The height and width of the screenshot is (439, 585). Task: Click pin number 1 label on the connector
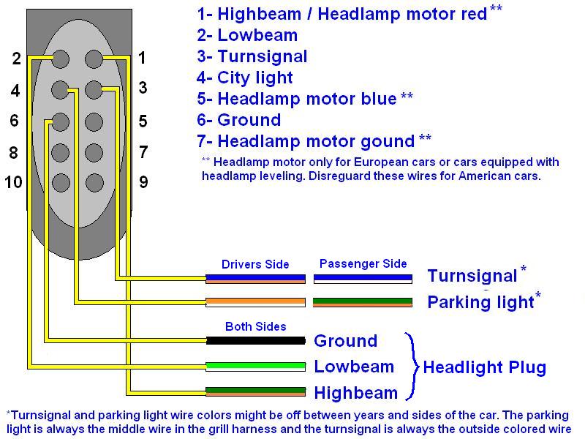tap(142, 58)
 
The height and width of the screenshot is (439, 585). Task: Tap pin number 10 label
tap(13, 182)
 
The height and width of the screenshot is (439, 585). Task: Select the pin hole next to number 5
tap(93, 121)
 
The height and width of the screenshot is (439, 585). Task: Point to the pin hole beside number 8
tap(61, 152)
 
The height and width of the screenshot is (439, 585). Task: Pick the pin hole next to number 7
tap(93, 152)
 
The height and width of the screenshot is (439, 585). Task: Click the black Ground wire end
tap(255, 340)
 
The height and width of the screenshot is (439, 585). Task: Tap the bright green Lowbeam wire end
tap(255, 366)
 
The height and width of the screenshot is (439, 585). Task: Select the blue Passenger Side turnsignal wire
tap(363, 278)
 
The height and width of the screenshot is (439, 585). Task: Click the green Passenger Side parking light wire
tap(363, 301)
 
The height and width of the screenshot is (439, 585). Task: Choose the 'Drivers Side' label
tap(255, 264)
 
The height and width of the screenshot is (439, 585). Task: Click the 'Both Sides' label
tap(255, 326)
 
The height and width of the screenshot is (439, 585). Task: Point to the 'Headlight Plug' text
tap(484, 367)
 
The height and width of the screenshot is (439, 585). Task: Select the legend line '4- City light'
tap(244, 78)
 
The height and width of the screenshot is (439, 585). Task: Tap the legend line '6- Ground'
tap(238, 120)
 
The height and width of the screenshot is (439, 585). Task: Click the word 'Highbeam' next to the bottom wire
tap(355, 392)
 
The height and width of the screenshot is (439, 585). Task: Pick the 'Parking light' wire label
tap(480, 301)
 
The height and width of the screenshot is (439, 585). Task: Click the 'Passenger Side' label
tap(363, 263)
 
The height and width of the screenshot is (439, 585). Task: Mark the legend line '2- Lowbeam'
tap(247, 35)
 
